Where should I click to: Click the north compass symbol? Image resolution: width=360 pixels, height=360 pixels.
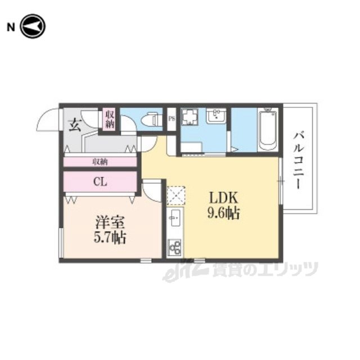[33, 26]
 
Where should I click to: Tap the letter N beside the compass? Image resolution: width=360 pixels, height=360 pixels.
[11, 28]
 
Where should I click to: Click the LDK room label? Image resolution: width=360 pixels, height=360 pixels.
[223, 197]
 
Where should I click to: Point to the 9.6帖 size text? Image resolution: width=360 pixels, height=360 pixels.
[224, 213]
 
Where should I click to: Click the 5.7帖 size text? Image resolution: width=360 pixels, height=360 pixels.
[110, 237]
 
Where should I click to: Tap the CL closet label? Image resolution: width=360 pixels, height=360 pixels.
[100, 182]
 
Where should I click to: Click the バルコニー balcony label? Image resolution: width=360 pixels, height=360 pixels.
[299, 160]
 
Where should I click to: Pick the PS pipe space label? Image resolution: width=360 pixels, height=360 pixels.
[172, 119]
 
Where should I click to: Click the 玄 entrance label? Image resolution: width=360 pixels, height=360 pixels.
[75, 125]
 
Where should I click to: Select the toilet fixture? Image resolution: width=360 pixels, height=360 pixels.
[152, 119]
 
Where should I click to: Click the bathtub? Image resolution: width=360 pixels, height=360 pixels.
[268, 129]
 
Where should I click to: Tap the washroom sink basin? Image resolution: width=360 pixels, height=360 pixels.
[216, 116]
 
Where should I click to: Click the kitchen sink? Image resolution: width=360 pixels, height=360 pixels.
[175, 218]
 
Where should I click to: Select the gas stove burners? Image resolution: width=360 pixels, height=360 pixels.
[175, 247]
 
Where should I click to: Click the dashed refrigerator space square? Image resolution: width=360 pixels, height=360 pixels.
[176, 195]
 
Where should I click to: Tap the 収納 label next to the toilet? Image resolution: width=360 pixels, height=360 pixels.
[110, 119]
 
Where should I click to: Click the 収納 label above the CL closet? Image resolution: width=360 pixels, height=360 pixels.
[100, 162]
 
